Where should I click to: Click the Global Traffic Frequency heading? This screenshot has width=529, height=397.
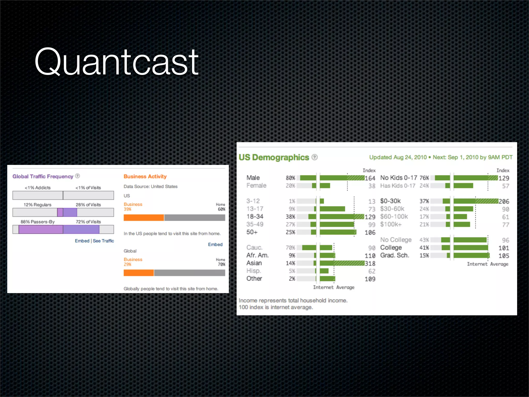pyautogui.click(x=43, y=176)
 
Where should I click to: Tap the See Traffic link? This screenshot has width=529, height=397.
pyautogui.click(x=103, y=241)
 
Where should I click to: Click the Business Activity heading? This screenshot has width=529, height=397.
pyautogui.click(x=145, y=176)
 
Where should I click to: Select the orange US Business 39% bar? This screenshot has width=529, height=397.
pyautogui.click(x=144, y=218)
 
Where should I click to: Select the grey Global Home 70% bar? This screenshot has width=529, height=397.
pyautogui.click(x=189, y=273)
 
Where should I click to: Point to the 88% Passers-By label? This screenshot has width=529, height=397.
pyautogui.click(x=38, y=222)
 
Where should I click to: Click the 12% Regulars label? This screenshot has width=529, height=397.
pyautogui.click(x=37, y=205)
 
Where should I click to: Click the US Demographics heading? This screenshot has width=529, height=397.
pyautogui.click(x=274, y=157)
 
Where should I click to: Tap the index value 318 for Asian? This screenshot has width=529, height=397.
pyautogui.click(x=370, y=263)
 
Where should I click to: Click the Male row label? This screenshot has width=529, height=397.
pyautogui.click(x=253, y=178)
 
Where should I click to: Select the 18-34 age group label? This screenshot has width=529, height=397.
pyautogui.click(x=255, y=216)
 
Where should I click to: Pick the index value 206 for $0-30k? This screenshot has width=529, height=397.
pyautogui.click(x=504, y=201)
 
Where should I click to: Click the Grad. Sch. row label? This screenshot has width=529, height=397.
pyautogui.click(x=394, y=255)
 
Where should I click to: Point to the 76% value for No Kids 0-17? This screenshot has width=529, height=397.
pyautogui.click(x=424, y=178)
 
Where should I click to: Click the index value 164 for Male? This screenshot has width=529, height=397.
pyautogui.click(x=370, y=178)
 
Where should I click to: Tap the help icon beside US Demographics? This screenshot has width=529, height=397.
pyautogui.click(x=314, y=157)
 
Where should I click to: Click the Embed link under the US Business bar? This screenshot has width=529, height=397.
pyautogui.click(x=215, y=245)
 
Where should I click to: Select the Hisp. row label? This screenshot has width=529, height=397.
pyautogui.click(x=254, y=271)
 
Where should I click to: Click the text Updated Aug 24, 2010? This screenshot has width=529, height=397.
pyautogui.click(x=398, y=157)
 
